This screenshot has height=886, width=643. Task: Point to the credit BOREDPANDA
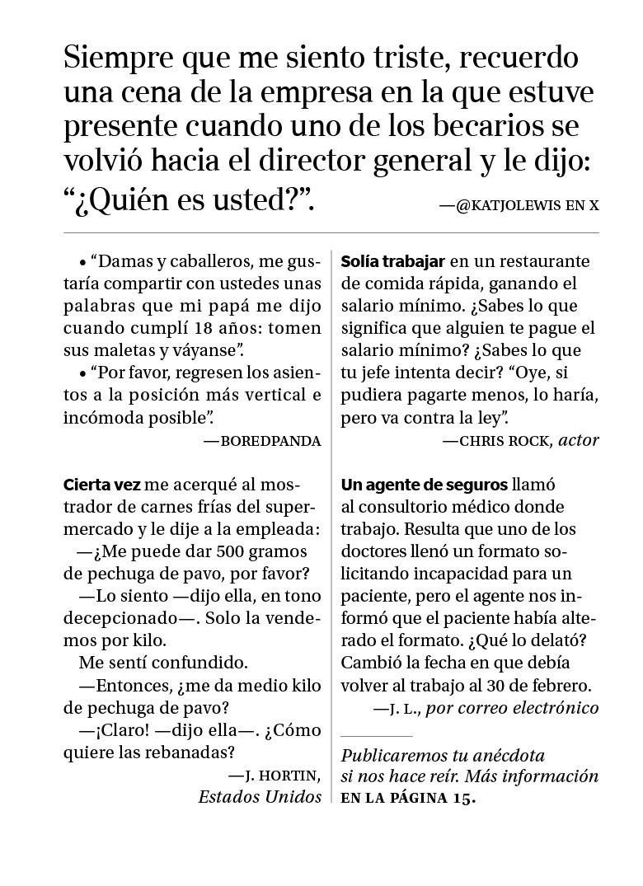coord(270,441)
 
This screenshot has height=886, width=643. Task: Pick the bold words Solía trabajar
coord(393,261)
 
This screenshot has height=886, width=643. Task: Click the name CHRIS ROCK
coord(505,441)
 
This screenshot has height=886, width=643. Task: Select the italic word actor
coord(579,440)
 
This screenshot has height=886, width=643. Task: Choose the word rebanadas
coord(192,752)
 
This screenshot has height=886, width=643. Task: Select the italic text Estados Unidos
coord(260,797)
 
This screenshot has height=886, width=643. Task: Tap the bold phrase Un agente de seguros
coord(424,485)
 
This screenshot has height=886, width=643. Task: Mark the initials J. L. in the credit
coord(404,708)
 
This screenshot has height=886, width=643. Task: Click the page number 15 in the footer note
coord(462,798)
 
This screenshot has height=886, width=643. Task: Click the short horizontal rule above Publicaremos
coord(376,736)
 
